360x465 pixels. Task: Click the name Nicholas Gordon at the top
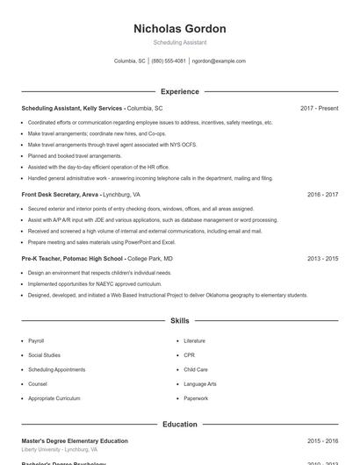(x=179, y=29)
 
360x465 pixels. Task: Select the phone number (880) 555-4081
(x=169, y=61)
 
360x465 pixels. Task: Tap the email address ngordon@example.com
(x=219, y=61)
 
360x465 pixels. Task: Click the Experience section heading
(x=179, y=91)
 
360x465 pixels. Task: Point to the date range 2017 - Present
(x=319, y=108)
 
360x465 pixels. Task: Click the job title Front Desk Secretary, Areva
(x=60, y=194)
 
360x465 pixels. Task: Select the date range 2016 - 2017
(x=322, y=194)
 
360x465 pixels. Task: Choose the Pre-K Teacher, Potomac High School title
(x=73, y=259)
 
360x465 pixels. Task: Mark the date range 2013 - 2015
(x=322, y=259)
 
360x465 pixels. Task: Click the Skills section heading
(x=179, y=321)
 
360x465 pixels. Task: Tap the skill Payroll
(x=36, y=340)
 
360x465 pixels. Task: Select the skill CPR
(x=190, y=355)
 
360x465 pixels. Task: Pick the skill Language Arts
(x=199, y=384)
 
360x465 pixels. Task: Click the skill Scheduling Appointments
(x=56, y=369)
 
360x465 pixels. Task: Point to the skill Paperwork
(x=196, y=398)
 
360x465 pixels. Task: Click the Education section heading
(x=179, y=425)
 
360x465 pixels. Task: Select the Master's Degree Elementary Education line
(x=75, y=441)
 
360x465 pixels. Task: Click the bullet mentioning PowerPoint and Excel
(x=101, y=241)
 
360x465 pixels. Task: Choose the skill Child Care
(x=196, y=369)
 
